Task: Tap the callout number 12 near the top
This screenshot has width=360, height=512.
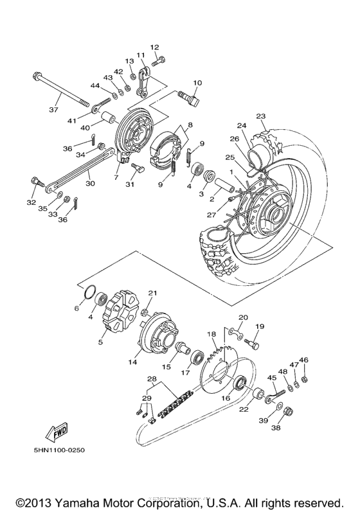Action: pyautogui.click(x=154, y=48)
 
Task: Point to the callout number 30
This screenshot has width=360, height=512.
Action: pyautogui.click(x=89, y=183)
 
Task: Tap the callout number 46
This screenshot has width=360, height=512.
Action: pyautogui.click(x=304, y=360)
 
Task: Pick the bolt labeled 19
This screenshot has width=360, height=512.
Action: pyautogui.click(x=255, y=346)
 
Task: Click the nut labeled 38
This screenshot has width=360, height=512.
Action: pyautogui.click(x=289, y=410)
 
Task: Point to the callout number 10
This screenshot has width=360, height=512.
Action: pyautogui.click(x=197, y=83)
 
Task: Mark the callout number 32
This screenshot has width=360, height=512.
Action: pyautogui.click(x=31, y=202)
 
